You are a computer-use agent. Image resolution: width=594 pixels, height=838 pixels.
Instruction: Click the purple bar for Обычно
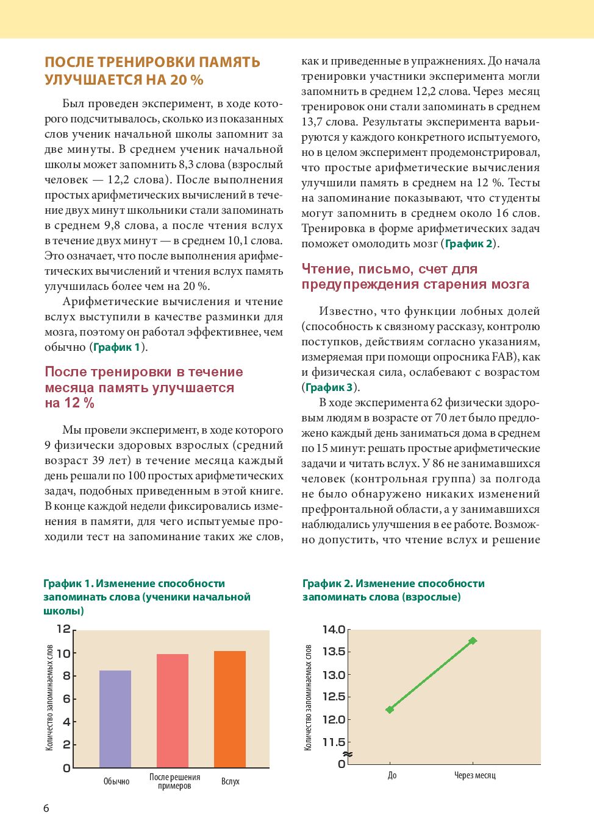point(115,719)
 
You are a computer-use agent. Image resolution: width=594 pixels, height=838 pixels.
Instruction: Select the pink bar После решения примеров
point(173,710)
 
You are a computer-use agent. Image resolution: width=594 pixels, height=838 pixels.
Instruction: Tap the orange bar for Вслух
point(230,709)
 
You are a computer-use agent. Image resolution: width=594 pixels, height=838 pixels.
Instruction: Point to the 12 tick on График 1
point(64,629)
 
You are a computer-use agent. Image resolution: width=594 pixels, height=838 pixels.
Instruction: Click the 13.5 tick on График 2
point(334,652)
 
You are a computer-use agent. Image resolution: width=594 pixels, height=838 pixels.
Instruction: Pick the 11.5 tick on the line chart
point(334,742)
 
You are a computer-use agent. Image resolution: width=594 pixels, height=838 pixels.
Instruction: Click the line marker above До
point(390,709)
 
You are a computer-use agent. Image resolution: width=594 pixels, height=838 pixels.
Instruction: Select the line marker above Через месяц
point(473,641)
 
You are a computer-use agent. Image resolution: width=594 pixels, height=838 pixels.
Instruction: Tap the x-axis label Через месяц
point(474,776)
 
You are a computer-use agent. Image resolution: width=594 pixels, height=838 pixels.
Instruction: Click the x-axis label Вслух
point(231,781)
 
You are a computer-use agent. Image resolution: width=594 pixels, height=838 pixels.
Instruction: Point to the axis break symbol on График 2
point(348,755)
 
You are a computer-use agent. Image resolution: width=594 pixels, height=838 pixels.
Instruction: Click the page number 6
point(46,809)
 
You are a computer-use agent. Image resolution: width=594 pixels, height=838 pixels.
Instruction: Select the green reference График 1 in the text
point(117,348)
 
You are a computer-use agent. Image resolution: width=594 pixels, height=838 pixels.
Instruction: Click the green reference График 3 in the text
point(329,388)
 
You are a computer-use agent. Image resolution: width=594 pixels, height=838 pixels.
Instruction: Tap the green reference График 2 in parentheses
point(469,244)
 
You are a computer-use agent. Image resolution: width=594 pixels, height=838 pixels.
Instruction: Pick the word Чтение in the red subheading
point(326,269)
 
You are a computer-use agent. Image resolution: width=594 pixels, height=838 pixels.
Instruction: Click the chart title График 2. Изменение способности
point(393,583)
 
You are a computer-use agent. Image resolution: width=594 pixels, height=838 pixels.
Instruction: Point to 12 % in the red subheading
point(79,403)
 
